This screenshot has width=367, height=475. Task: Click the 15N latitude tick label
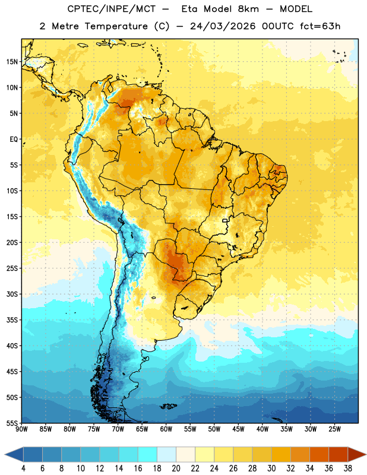(x=12, y=62)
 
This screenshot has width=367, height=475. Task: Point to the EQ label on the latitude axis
(x=14, y=140)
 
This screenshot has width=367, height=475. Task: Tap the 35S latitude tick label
(x=12, y=320)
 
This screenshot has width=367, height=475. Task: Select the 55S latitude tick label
(x=12, y=423)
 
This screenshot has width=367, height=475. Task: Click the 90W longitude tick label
(x=21, y=429)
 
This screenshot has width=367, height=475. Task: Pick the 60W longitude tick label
(x=166, y=429)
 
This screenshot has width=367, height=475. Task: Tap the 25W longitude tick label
(x=334, y=429)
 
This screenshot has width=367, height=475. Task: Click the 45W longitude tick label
(x=238, y=429)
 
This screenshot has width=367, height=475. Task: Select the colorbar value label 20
(x=176, y=468)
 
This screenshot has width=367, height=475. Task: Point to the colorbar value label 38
(x=348, y=468)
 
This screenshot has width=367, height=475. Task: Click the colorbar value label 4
(x=23, y=468)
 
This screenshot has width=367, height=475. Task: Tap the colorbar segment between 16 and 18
(x=148, y=454)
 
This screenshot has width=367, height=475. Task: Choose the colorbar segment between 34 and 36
(x=319, y=454)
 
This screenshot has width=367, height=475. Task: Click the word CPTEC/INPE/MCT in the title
(x=112, y=9)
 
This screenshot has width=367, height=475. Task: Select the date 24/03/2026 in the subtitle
(x=223, y=26)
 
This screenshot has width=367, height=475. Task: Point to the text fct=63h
(x=320, y=26)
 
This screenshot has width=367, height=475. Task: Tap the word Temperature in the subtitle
(x=116, y=27)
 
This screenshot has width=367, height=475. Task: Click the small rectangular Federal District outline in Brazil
(x=225, y=220)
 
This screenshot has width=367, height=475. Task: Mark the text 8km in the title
(x=248, y=9)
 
